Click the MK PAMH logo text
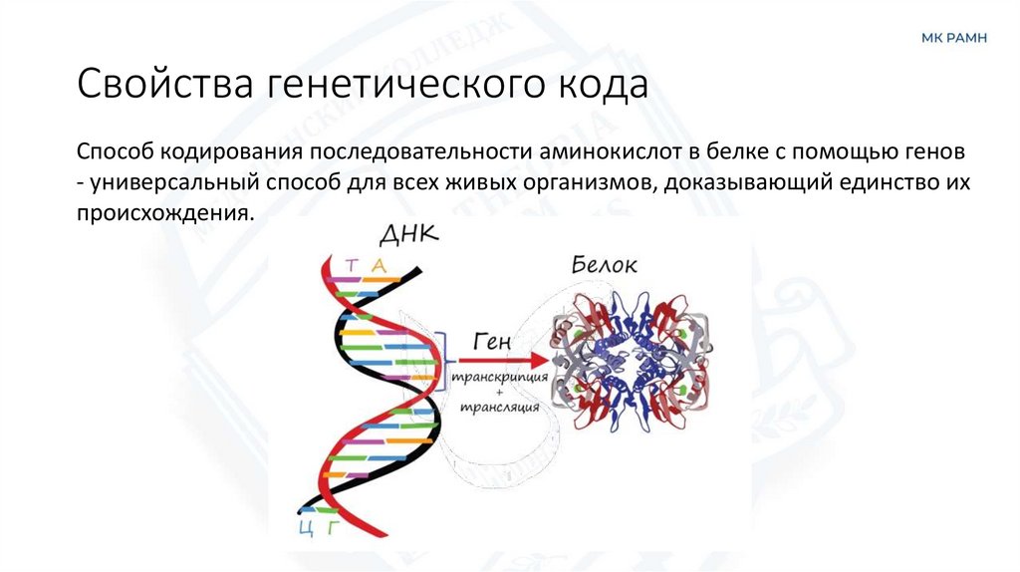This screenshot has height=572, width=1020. (x=954, y=38)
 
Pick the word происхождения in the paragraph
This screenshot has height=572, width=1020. (x=159, y=213)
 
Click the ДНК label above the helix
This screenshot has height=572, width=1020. (x=407, y=236)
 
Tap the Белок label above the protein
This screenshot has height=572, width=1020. (x=605, y=264)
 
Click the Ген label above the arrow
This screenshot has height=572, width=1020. (x=491, y=341)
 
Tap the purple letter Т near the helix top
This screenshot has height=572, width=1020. (x=352, y=264)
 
